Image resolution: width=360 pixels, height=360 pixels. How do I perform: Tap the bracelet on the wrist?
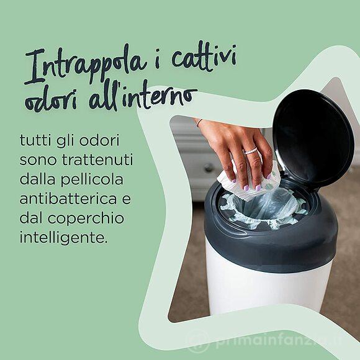pos(199,122)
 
